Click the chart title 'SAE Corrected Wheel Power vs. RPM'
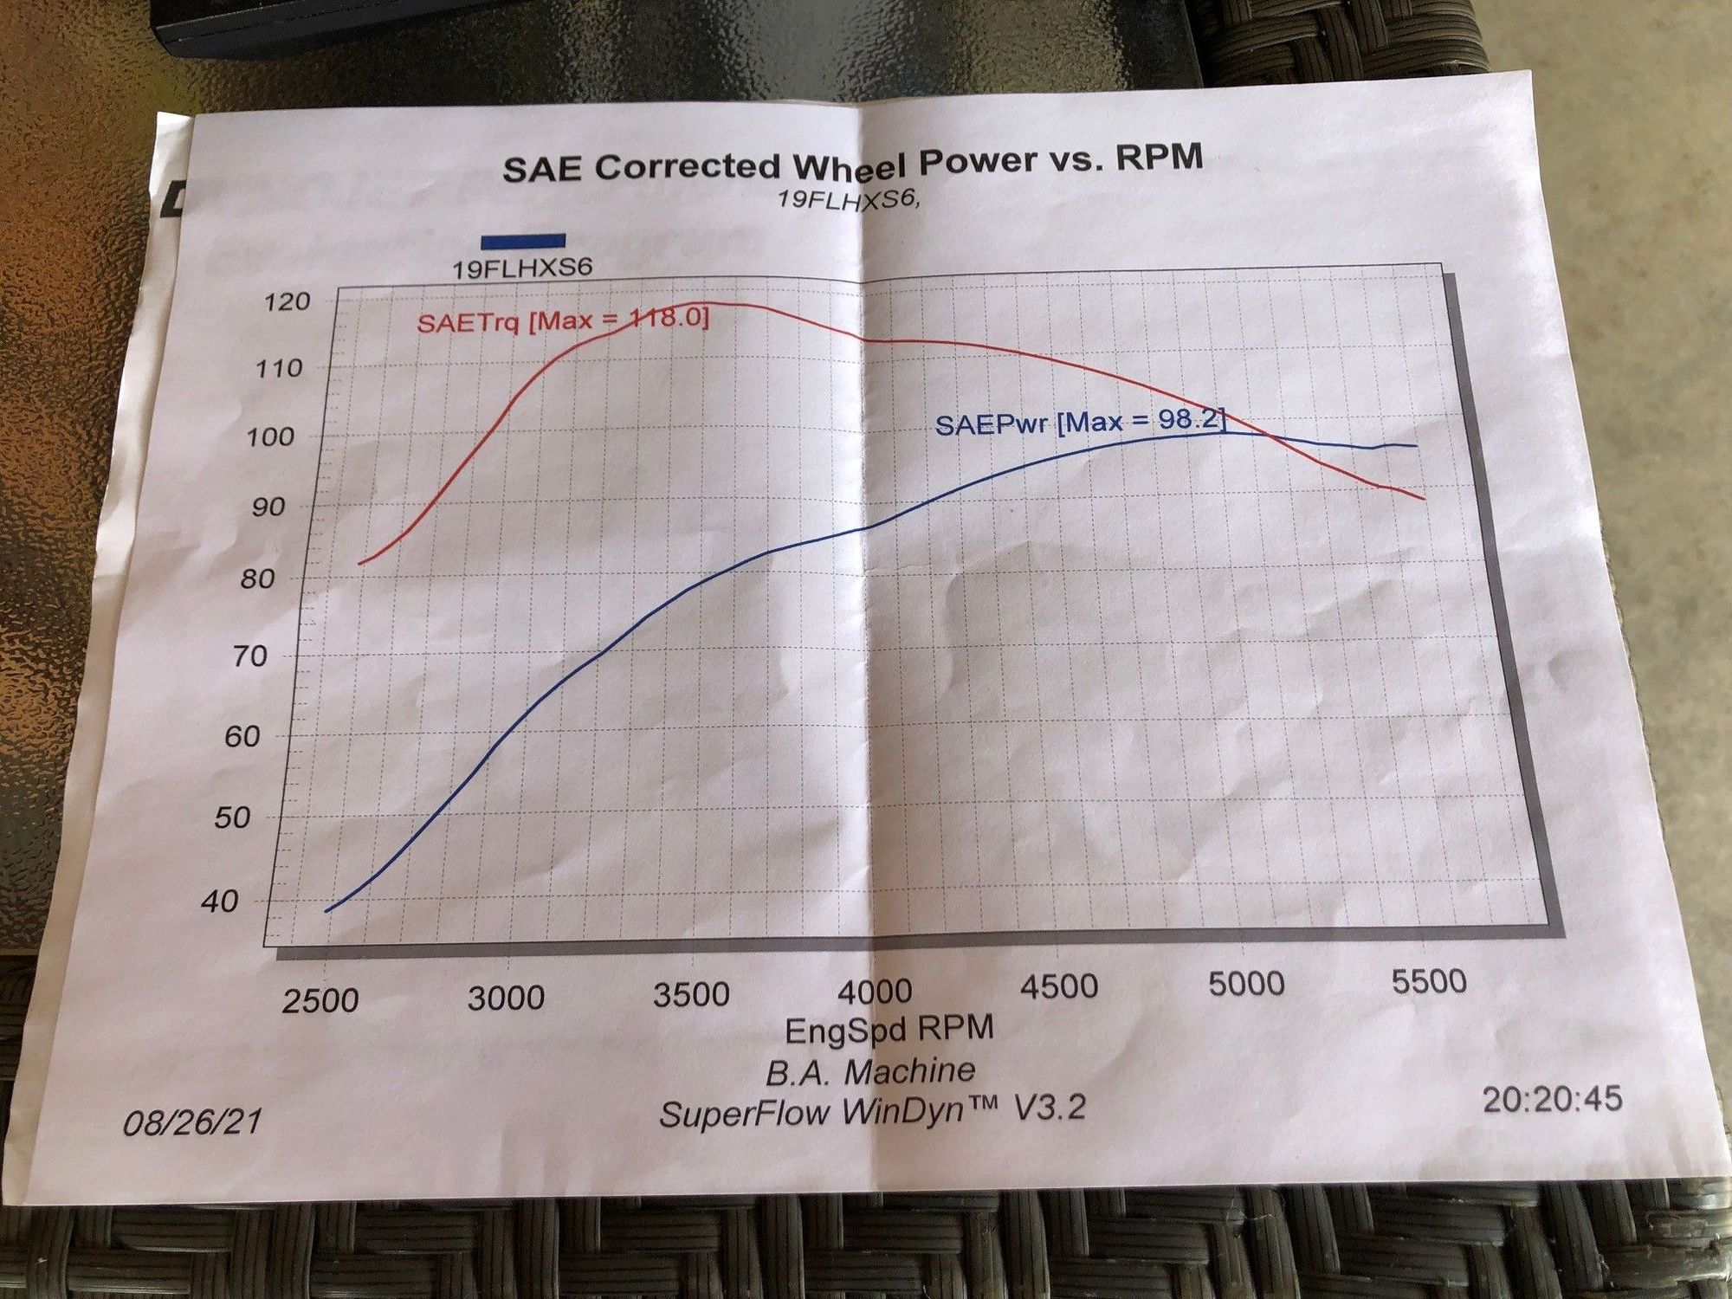(852, 162)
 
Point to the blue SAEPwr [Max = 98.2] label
(1080, 423)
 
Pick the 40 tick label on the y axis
(219, 902)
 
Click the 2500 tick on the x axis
(320, 1000)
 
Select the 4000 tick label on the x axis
(875, 991)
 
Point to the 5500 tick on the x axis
(1429, 981)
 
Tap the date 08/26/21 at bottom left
(192, 1122)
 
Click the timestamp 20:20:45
(1551, 1099)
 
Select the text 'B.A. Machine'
(870, 1072)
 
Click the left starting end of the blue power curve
(327, 911)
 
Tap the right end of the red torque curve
(1424, 499)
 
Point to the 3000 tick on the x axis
(506, 998)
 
